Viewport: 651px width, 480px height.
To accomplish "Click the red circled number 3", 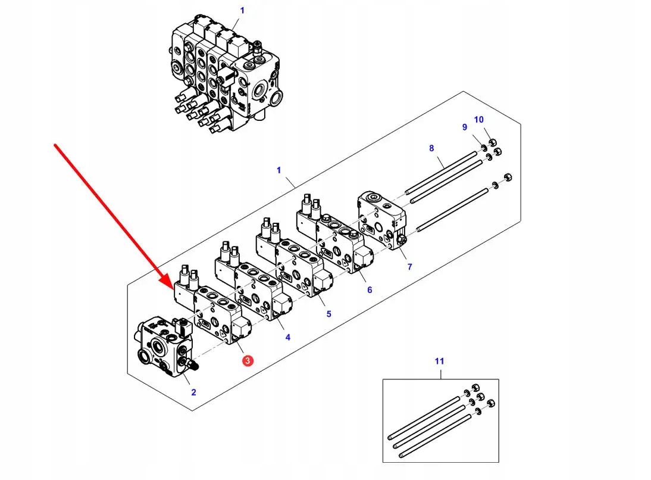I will tap(247, 360).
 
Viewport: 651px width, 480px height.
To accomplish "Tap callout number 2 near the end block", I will tap(193, 392).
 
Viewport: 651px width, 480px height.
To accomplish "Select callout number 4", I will tap(287, 338).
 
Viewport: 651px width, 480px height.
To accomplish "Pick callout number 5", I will tap(328, 314).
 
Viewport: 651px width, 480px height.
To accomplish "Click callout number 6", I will tap(369, 290).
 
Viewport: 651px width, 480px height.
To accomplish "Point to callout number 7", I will tap(409, 267).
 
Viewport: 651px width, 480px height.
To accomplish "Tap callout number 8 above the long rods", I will tap(431, 148).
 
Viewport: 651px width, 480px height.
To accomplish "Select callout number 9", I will tap(465, 127).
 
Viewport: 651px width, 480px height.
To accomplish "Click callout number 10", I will tap(478, 120).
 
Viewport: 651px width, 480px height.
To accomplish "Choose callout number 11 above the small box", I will tap(439, 361).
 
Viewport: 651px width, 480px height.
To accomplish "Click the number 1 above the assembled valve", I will tap(242, 10).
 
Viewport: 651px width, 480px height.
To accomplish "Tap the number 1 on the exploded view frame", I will tap(278, 170).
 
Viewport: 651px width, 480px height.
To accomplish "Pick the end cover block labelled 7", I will tap(383, 220).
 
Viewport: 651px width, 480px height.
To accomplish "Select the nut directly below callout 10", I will tap(493, 142).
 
